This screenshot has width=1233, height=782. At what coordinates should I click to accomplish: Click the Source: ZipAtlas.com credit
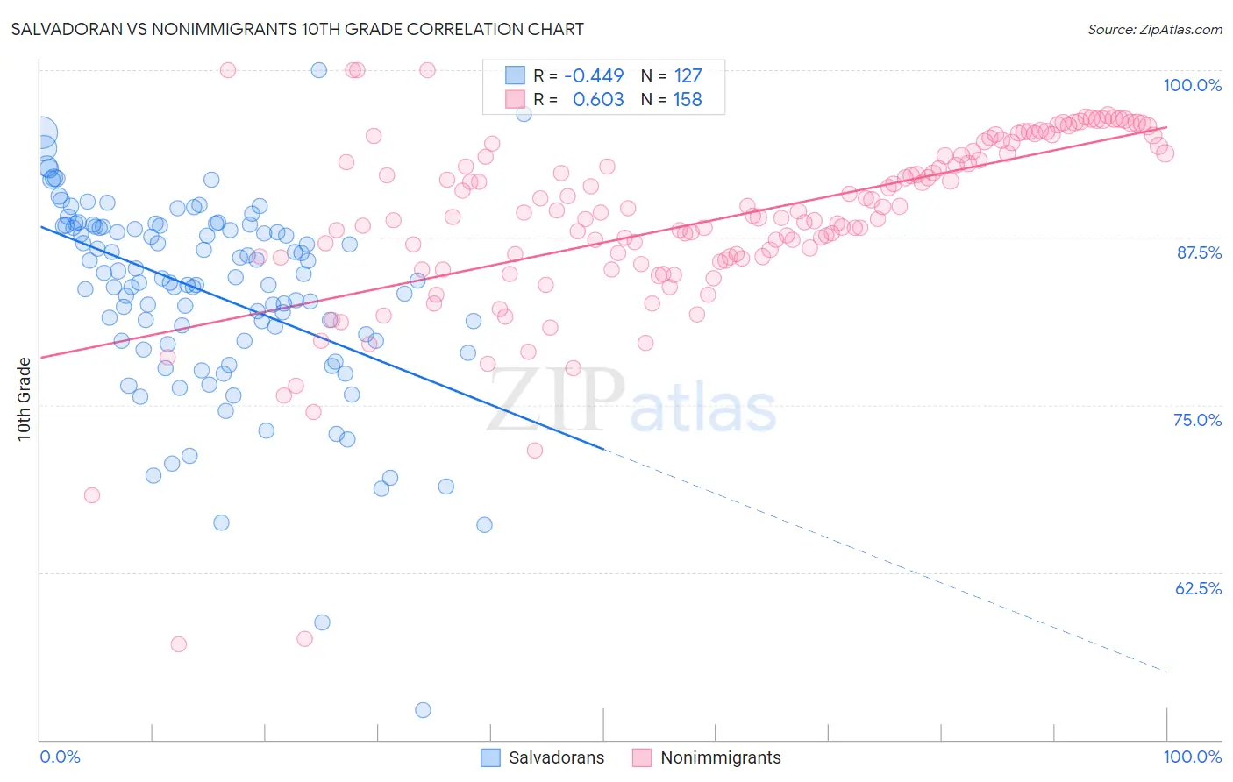(1154, 29)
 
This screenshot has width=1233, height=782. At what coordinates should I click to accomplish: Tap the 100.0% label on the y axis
(1192, 85)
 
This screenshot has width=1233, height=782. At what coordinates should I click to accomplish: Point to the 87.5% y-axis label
(1198, 252)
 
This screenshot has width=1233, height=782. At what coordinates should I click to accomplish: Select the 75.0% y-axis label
(1197, 420)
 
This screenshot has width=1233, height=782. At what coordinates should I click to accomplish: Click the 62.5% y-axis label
(1198, 588)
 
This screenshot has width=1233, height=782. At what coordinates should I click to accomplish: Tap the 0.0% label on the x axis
(60, 757)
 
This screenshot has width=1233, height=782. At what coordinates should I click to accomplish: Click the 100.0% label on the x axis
(1192, 757)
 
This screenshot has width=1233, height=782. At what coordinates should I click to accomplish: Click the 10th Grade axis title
(24, 399)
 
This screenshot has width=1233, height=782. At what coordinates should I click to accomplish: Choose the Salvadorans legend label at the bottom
(556, 757)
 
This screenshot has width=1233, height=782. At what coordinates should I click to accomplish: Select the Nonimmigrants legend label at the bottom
(720, 757)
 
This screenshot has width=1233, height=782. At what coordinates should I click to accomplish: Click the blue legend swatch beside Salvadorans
(490, 757)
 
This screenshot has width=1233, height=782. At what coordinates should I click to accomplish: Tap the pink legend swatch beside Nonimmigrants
(642, 757)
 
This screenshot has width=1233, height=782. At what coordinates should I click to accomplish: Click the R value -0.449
(594, 76)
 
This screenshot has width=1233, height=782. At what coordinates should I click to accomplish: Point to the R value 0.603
(598, 100)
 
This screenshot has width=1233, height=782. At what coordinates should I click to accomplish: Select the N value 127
(688, 76)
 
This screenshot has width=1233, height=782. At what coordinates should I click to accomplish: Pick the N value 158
(688, 100)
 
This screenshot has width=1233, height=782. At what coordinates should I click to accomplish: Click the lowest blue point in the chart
(423, 710)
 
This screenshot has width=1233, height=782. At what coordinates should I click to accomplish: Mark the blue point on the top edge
(319, 70)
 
